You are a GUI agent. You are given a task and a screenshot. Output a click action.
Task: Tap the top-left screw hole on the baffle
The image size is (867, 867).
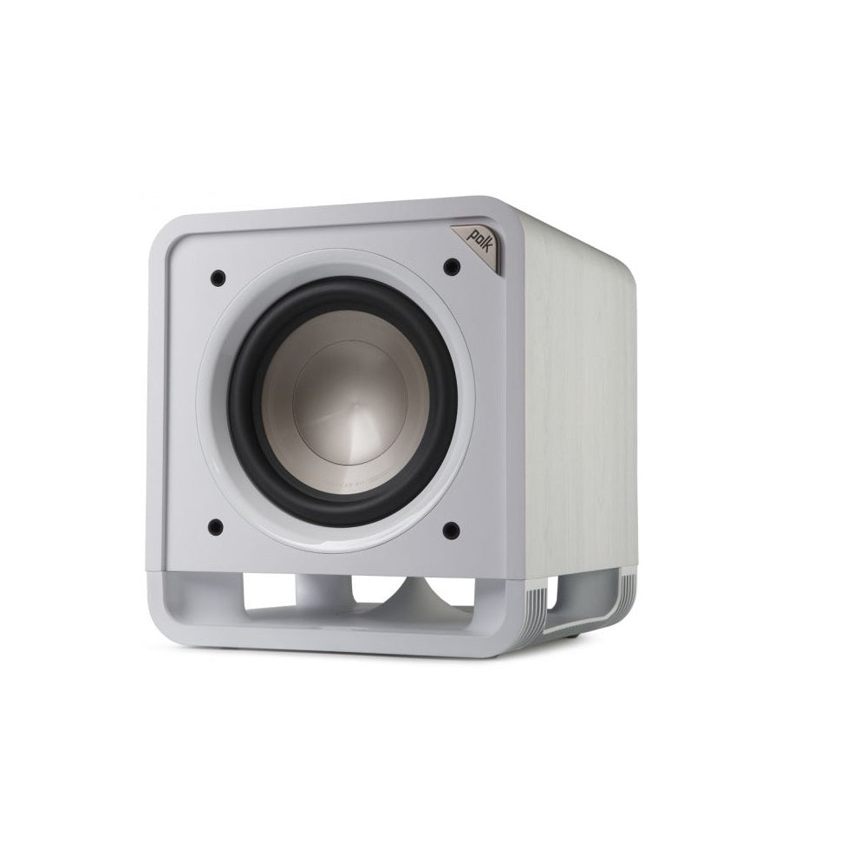217,277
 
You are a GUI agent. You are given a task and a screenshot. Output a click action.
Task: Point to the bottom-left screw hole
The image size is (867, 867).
216,525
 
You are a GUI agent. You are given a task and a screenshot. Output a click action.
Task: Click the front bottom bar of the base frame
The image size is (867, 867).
347,637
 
